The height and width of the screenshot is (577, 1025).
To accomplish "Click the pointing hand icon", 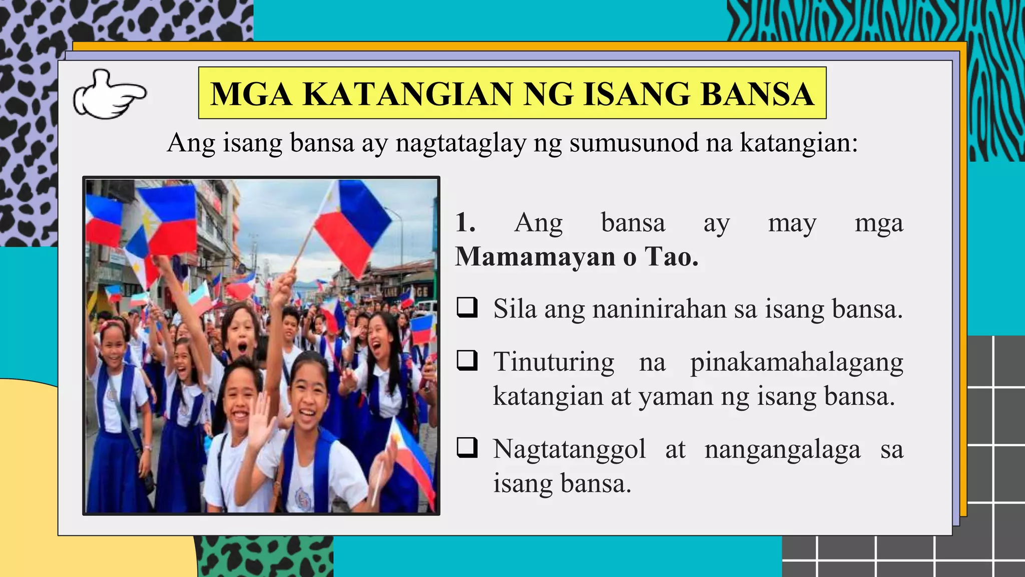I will [110, 94].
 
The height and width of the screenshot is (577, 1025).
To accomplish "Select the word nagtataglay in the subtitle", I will [460, 143].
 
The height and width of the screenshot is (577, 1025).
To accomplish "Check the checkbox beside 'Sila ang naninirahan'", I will [467, 308].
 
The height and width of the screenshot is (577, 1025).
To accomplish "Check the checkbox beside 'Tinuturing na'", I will [467, 360].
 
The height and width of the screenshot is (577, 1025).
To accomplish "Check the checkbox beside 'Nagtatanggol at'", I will [467, 447].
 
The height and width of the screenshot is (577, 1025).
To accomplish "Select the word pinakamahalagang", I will [797, 362].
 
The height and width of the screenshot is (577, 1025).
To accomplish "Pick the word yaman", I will [676, 396].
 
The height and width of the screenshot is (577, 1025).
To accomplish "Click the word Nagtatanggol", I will [569, 449].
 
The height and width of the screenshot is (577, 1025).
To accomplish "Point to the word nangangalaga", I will [782, 449].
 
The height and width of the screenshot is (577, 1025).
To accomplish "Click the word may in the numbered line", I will [792, 223].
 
